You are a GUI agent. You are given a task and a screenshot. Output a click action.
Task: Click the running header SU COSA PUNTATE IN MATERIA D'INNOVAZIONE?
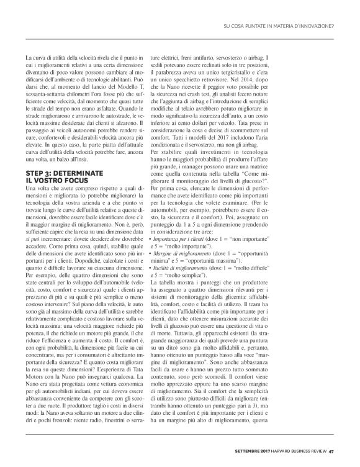(x=279, y=25)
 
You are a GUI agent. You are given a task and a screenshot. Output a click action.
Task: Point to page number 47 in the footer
(x=332, y=451)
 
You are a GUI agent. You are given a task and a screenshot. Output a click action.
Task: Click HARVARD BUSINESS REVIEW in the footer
(x=294, y=451)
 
